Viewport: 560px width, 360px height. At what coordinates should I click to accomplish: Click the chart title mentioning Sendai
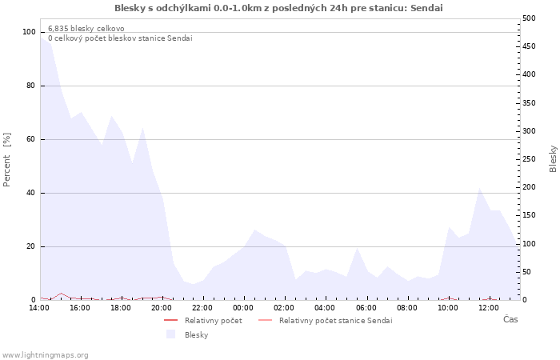coord(278,8)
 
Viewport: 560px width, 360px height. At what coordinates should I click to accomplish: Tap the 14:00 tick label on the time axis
coord(39,307)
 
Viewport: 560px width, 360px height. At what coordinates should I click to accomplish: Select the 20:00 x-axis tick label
coord(162,307)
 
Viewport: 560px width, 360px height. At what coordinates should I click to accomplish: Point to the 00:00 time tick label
coord(244,307)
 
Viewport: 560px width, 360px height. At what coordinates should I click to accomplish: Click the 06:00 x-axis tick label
coord(366,307)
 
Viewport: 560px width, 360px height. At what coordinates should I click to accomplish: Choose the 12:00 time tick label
coord(489,307)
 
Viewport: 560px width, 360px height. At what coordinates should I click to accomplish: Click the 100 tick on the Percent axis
coord(29,32)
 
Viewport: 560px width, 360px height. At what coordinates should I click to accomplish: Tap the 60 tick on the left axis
coord(31,139)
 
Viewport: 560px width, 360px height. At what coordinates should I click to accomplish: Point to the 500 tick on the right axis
coord(529,18)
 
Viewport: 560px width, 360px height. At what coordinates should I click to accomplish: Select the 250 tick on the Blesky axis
coord(529,159)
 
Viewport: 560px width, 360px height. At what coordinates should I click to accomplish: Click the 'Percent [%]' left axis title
coord(7,159)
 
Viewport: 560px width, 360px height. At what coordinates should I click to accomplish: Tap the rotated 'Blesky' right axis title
coord(553,158)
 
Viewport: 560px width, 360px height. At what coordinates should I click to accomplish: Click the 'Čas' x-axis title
coord(510,320)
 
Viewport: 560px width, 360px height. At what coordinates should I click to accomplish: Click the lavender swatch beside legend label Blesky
coord(170,334)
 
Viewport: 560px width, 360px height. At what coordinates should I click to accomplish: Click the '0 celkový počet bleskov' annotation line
coord(120,38)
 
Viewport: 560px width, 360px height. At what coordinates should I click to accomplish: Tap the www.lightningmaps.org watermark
coord(46,354)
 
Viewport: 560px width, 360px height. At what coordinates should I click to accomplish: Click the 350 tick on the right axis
coord(529,102)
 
